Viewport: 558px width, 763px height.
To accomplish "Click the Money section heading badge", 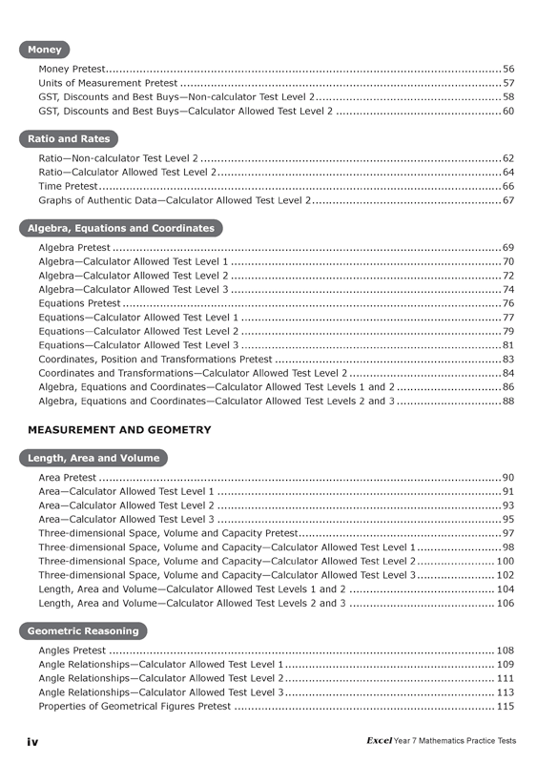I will click(x=44, y=50).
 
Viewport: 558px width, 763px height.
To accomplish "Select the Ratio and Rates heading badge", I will click(x=69, y=139).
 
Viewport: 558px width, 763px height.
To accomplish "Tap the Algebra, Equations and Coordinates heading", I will click(x=120, y=229).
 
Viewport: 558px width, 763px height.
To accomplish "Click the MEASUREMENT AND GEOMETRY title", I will click(x=119, y=430).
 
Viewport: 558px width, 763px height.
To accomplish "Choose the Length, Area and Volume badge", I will click(x=93, y=459).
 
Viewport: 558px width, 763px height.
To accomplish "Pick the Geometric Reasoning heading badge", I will click(x=83, y=631).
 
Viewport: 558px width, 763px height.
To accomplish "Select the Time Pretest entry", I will click(x=68, y=187).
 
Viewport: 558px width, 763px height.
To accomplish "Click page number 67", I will click(x=508, y=201).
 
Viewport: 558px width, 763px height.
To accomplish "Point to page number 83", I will click(x=508, y=359).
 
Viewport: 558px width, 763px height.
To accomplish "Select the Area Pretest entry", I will click(x=67, y=477).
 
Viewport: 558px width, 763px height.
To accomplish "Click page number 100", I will click(x=506, y=560).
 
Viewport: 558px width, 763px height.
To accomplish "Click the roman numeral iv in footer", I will click(x=32, y=741).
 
